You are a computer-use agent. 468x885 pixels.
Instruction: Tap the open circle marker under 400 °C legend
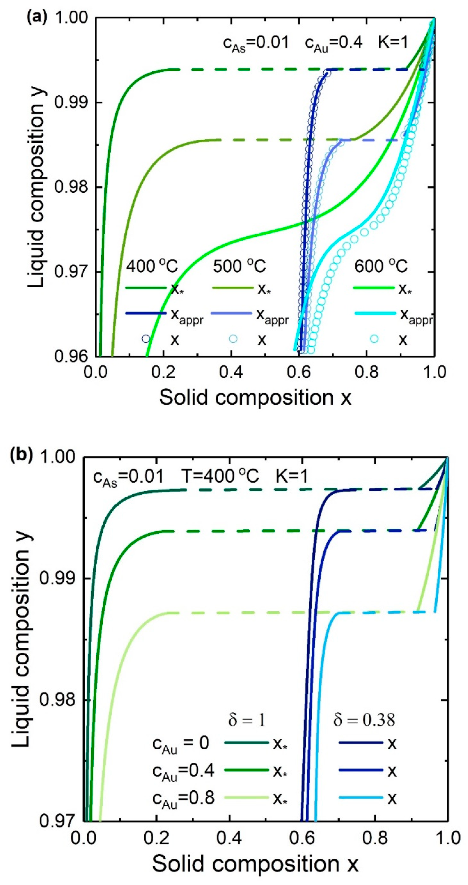pyautogui.click(x=146, y=339)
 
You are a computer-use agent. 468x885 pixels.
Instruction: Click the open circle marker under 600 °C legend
pyautogui.click(x=374, y=339)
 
